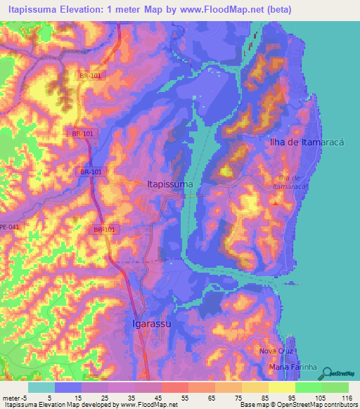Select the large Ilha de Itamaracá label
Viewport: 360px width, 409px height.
tap(307, 142)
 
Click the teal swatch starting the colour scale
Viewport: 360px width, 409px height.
tap(41, 387)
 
